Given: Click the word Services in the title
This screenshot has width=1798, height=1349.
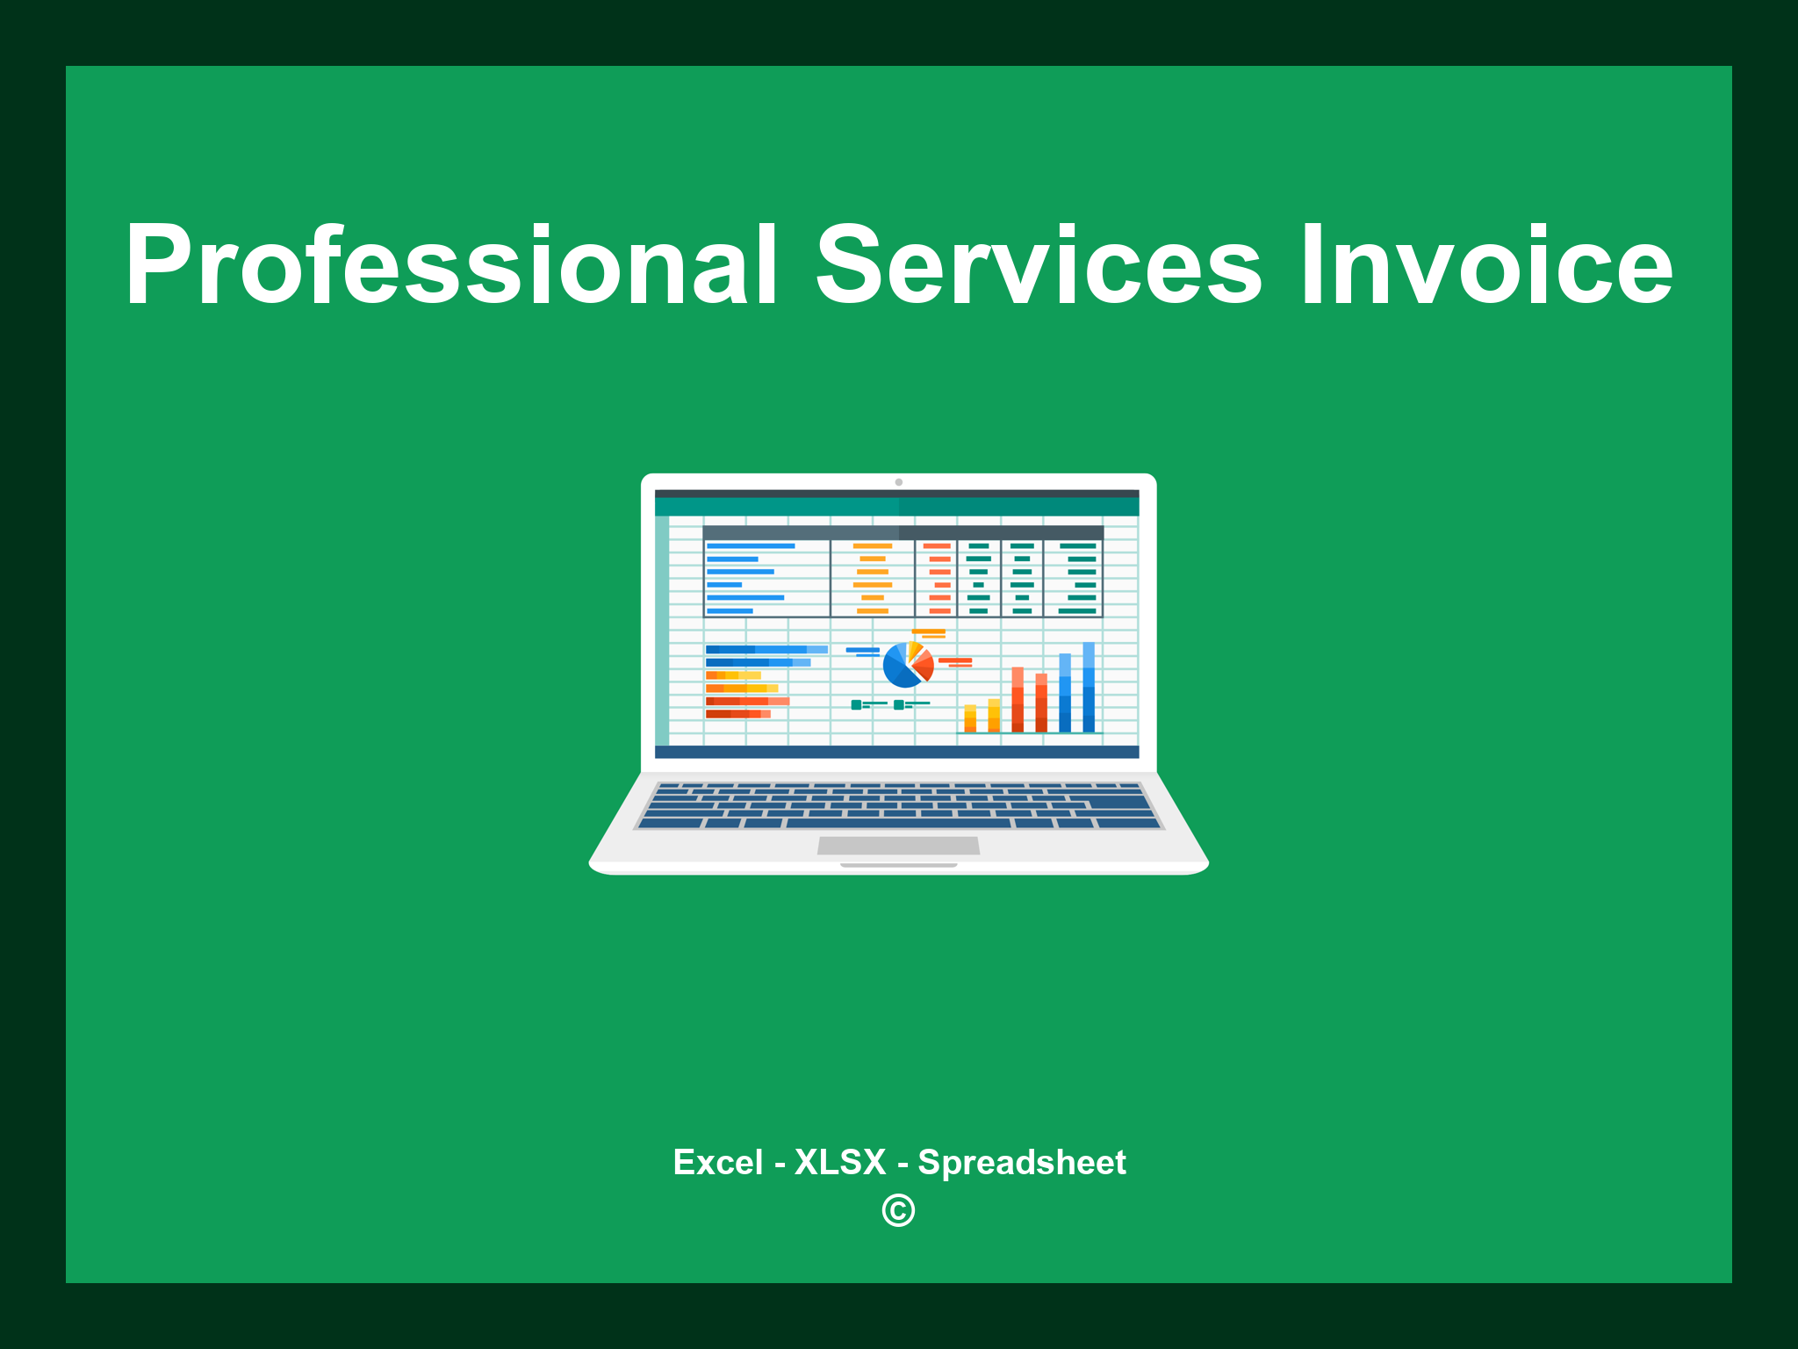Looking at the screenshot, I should [x=1038, y=265].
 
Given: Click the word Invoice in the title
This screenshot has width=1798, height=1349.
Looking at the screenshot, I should [x=1485, y=265].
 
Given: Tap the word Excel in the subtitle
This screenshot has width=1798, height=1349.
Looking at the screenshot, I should [x=717, y=1162].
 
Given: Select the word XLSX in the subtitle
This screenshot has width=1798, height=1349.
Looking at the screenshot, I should [x=840, y=1162].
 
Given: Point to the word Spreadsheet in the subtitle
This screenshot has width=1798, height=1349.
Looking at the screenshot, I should [x=1021, y=1162].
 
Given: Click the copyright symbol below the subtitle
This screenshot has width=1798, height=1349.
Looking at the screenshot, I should [x=898, y=1211].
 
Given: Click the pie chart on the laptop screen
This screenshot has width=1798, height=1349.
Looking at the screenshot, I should [x=907, y=665].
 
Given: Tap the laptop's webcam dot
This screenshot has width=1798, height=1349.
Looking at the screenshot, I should [x=898, y=482].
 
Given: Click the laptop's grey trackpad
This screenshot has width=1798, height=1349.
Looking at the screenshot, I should [x=898, y=845].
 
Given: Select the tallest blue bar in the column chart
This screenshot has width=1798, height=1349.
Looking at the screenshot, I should [x=1089, y=687].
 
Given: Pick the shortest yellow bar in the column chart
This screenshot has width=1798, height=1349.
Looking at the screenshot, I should [x=970, y=718].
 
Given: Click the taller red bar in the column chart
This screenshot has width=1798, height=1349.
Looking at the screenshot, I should [x=1018, y=699].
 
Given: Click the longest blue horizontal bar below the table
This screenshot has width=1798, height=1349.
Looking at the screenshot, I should [x=766, y=649].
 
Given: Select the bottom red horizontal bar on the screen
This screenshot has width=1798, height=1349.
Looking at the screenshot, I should [x=737, y=714].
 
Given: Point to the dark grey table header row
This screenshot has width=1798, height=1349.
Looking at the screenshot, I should [x=903, y=532].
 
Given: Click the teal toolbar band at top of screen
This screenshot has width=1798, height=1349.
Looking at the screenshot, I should [x=896, y=507].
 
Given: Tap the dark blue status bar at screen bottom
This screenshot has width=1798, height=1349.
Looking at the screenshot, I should [x=896, y=752].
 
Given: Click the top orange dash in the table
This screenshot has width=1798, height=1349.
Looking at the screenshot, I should [x=872, y=545].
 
